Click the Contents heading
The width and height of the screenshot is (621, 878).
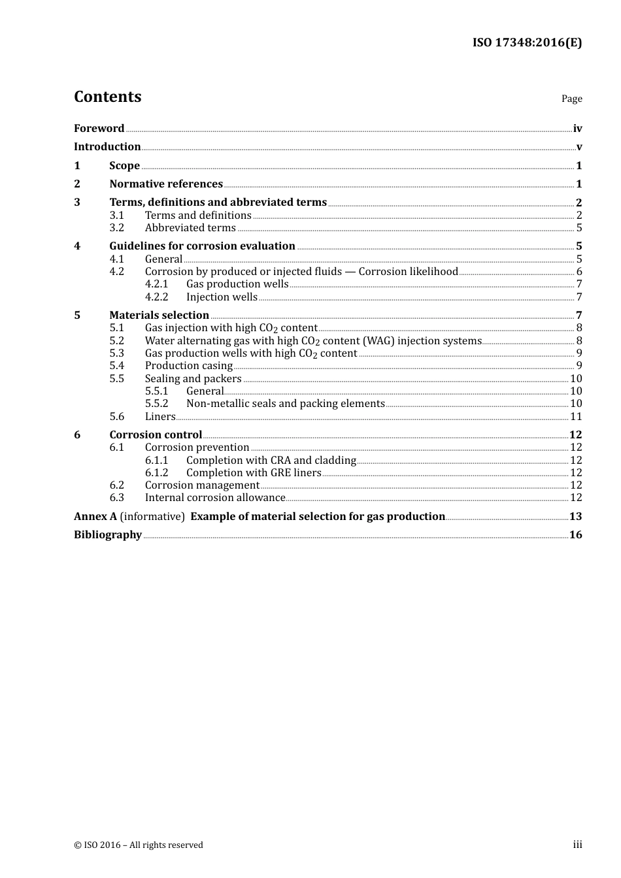click(107, 97)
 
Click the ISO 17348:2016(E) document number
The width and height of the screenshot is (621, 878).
click(527, 42)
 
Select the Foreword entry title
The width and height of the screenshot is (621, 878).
click(99, 129)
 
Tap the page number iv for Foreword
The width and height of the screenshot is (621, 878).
click(577, 129)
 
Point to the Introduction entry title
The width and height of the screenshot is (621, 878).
click(107, 147)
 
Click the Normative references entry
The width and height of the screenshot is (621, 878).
click(166, 184)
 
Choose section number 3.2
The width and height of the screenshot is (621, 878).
click(116, 228)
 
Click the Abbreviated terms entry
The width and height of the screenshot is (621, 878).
click(190, 228)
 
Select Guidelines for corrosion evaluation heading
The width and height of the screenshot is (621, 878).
click(202, 246)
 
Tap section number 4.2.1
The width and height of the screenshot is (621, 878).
click(156, 284)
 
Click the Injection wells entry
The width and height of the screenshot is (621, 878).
click(222, 297)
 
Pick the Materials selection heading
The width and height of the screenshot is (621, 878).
click(159, 316)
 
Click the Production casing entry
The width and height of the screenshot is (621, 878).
click(188, 366)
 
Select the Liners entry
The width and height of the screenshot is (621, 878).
click(160, 417)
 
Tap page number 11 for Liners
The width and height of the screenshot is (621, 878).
click(576, 417)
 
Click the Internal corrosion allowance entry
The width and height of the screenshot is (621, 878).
click(215, 498)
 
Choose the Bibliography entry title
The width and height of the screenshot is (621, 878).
click(108, 535)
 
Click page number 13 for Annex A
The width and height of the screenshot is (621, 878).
click(576, 517)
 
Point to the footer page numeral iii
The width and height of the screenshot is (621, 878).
click(577, 845)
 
